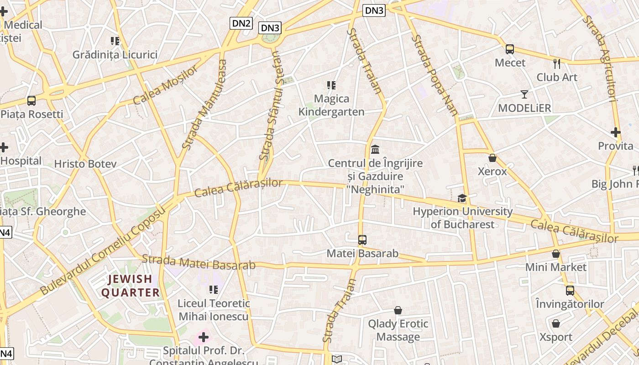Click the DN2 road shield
click(241, 23)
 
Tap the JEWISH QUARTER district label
click(131, 286)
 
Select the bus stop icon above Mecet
click(510, 49)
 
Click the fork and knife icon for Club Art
click(556, 63)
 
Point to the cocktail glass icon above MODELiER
click(524, 94)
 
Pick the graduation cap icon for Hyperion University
click(462, 198)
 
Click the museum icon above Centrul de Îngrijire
click(375, 149)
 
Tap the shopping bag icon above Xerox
click(492, 158)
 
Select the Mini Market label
click(555, 267)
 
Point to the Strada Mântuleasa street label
click(204, 104)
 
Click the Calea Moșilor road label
click(166, 85)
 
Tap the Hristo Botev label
click(85, 164)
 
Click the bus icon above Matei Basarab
click(362, 240)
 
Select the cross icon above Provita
click(615, 133)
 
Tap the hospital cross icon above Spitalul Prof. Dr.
click(204, 337)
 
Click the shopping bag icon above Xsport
click(555, 323)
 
